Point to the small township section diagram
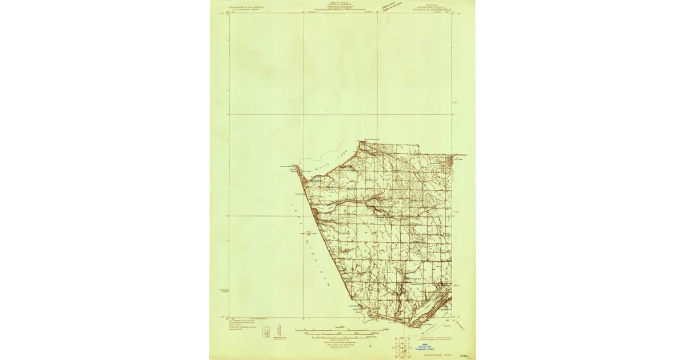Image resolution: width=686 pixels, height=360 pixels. pyautogui.click(x=266, y=332)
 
